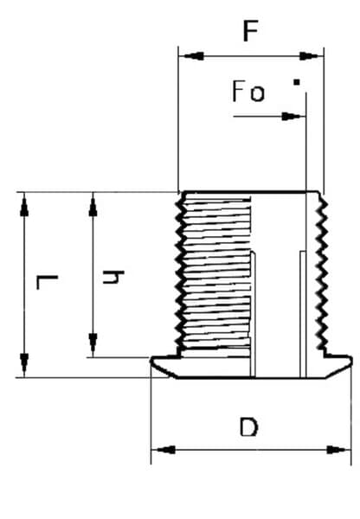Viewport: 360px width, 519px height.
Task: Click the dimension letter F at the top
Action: click(250, 31)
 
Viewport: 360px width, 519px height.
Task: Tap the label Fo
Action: click(248, 92)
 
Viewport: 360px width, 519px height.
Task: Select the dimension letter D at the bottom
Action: click(248, 427)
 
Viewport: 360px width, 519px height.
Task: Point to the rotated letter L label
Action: click(47, 282)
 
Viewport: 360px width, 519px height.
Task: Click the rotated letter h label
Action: click(113, 278)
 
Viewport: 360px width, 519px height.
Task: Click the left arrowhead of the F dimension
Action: click(193, 56)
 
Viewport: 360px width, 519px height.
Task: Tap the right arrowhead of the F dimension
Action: click(311, 56)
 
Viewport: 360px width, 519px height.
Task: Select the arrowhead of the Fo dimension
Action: click(292, 117)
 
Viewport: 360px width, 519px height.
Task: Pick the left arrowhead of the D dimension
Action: click(164, 450)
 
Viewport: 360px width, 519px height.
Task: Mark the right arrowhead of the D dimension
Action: click(338, 450)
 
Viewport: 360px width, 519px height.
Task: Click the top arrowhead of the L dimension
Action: click(24, 205)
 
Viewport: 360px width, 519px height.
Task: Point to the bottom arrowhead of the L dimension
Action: click(24, 364)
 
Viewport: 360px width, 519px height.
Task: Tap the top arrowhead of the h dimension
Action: click(93, 205)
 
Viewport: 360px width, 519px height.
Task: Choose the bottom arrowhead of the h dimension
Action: click(93, 344)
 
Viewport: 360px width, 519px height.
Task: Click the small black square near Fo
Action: click(297, 82)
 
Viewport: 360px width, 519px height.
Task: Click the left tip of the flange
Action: click(151, 361)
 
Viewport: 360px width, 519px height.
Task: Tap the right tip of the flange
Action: click(350, 361)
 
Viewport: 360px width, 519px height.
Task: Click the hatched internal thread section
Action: click(217, 276)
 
